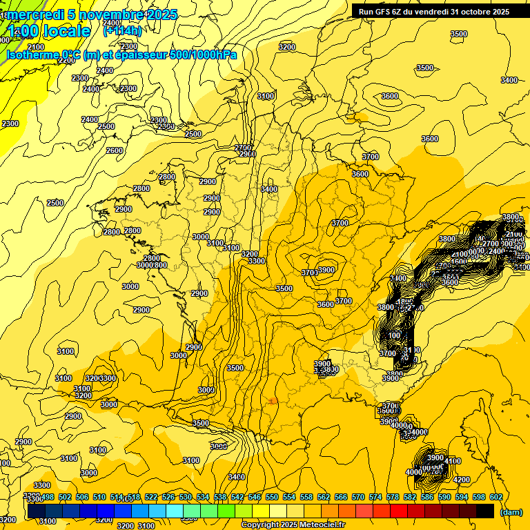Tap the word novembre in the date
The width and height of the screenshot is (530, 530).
pos(110,14)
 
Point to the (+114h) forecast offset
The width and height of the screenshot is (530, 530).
pos(122,30)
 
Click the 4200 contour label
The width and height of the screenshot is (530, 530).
pos(462,480)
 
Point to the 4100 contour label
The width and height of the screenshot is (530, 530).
pos(453,461)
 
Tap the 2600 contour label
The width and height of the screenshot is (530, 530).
pos(115,150)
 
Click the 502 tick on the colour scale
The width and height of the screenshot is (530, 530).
pos(66,497)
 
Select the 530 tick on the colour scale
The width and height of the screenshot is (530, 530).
pos(186,497)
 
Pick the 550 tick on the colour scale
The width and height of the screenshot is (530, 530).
pos(272,497)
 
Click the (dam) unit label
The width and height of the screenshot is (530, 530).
pos(511,512)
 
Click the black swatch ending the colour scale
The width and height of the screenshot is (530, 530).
pos(485,511)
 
